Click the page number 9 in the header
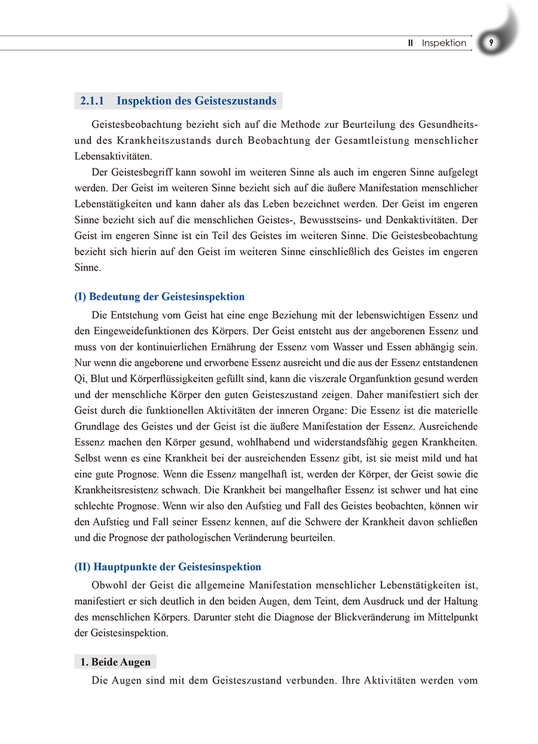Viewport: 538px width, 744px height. tap(491, 42)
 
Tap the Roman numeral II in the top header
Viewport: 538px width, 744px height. tap(411, 43)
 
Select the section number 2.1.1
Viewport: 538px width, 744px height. tap(92, 101)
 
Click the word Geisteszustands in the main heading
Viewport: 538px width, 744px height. tap(236, 101)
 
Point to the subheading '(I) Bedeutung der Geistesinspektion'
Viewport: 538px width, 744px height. tap(159, 296)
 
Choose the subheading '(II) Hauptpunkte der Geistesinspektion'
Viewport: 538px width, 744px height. tap(167, 567)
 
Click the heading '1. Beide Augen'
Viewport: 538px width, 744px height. tap(115, 662)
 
